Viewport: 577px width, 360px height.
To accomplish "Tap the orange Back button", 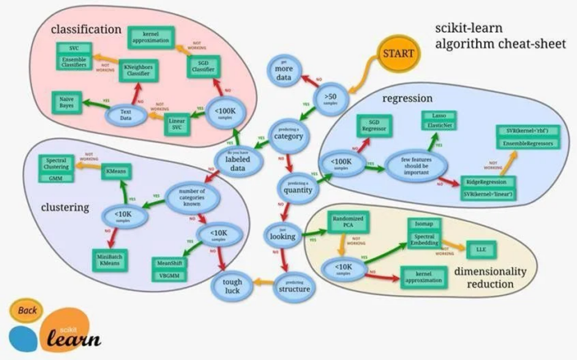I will [28, 310].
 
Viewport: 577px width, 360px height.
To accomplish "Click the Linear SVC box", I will [179, 125].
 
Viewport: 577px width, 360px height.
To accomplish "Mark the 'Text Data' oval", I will [125, 115].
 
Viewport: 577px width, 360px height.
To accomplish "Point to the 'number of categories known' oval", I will [192, 198].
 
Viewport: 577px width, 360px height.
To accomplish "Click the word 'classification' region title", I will [81, 30].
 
